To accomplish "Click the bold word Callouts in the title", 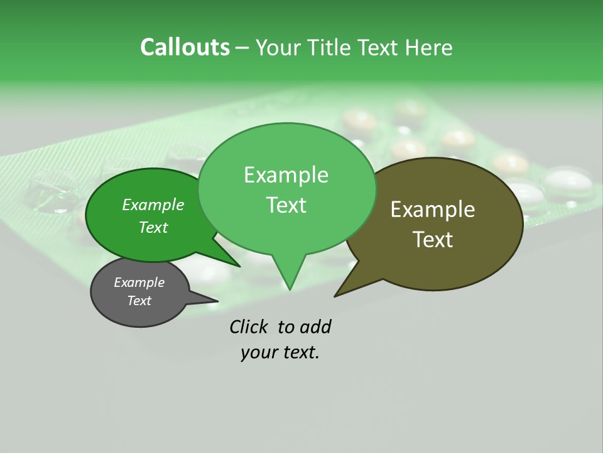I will [x=185, y=47].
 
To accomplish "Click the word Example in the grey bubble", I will [x=139, y=282].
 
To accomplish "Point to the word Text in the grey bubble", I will [x=139, y=301].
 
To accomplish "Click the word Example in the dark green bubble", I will [x=153, y=205].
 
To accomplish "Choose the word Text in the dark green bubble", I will [x=153, y=227].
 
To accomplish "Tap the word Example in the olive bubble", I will [x=433, y=210].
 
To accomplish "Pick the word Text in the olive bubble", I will [x=433, y=240].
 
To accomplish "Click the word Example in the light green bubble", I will [x=286, y=175].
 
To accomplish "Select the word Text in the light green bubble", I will [x=286, y=205].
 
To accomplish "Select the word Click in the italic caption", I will [x=247, y=327].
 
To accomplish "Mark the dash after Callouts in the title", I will [x=242, y=47].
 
